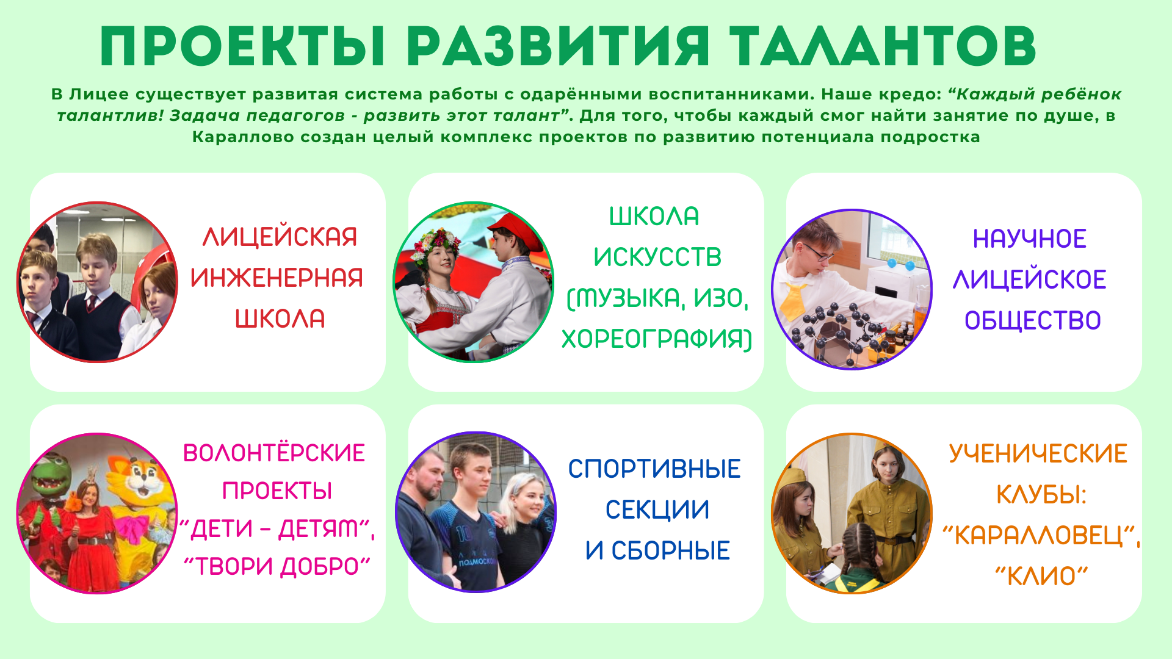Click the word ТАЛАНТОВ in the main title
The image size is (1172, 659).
coord(883,46)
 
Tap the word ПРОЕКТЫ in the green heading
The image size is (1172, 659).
coord(242,46)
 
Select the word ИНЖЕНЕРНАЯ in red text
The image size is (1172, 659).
coord(277,278)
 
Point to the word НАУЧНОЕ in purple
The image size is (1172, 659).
coord(1029,239)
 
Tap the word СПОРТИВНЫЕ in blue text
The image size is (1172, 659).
coord(654,469)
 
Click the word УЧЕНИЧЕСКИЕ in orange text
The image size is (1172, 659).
coord(1038,454)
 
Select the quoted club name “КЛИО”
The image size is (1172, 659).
coord(1041,576)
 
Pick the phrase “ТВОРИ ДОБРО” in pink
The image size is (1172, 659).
coord(277,566)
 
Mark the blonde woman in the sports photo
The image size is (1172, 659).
coord(525,525)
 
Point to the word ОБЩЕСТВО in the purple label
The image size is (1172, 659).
coord(1033,320)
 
